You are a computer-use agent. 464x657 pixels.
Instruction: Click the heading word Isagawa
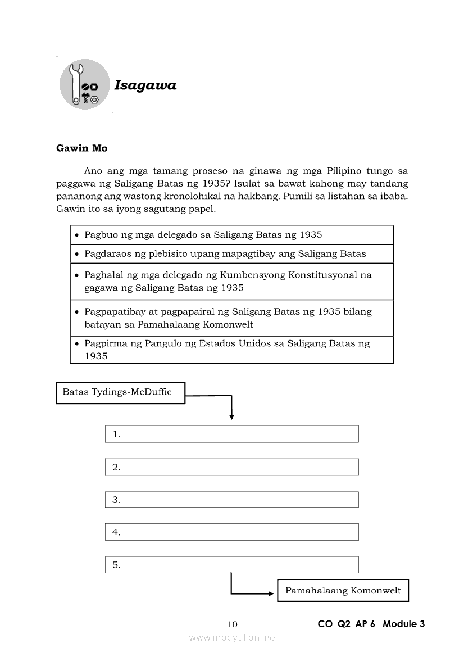[145, 85]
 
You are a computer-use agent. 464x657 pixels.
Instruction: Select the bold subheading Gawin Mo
[81, 148]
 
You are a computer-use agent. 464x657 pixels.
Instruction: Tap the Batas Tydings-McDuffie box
[120, 393]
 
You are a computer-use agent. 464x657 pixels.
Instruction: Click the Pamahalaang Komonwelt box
[343, 591]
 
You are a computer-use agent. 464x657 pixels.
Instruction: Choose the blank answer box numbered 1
[231, 434]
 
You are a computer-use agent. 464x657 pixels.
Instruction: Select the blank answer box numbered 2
[231, 467]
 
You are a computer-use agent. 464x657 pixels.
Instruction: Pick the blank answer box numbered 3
[231, 500]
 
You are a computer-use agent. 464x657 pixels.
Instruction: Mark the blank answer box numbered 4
[231, 532]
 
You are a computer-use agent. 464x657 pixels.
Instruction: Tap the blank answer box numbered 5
[231, 565]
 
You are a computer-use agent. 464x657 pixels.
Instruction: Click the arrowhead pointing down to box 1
[231, 417]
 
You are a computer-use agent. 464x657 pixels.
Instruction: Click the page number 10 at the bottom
[233, 624]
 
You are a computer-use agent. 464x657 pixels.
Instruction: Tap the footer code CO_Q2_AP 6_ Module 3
[371, 624]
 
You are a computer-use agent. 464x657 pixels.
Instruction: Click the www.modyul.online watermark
[232, 637]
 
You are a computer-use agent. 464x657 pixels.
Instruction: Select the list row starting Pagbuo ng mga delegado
[231, 235]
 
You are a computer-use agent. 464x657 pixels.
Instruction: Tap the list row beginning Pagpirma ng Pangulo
[231, 350]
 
